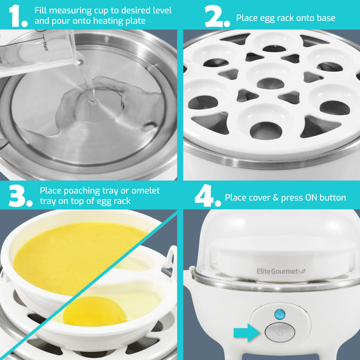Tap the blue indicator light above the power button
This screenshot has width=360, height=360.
coord(279,314)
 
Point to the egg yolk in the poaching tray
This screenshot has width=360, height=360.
coord(95,311)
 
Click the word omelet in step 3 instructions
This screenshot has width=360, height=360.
coord(145,191)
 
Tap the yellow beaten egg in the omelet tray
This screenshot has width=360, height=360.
coord(77,253)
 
